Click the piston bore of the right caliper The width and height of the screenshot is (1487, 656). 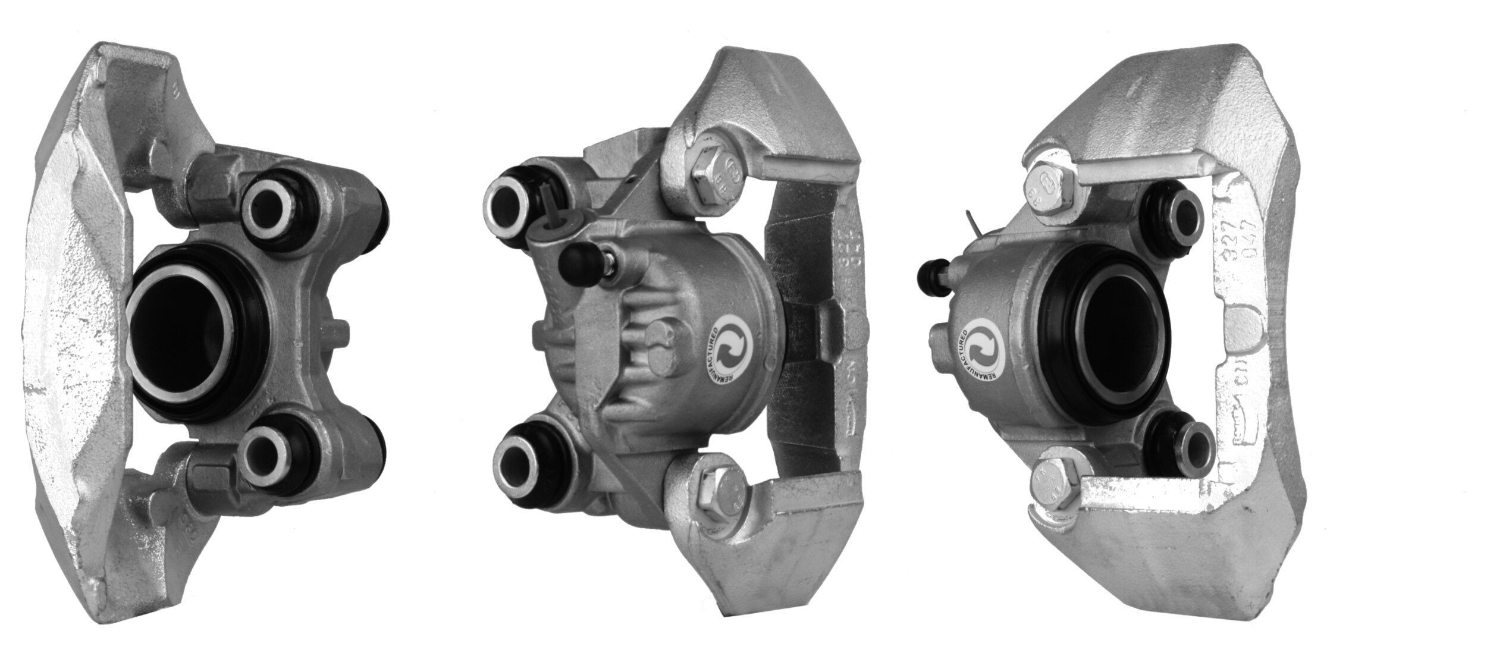1119,337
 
